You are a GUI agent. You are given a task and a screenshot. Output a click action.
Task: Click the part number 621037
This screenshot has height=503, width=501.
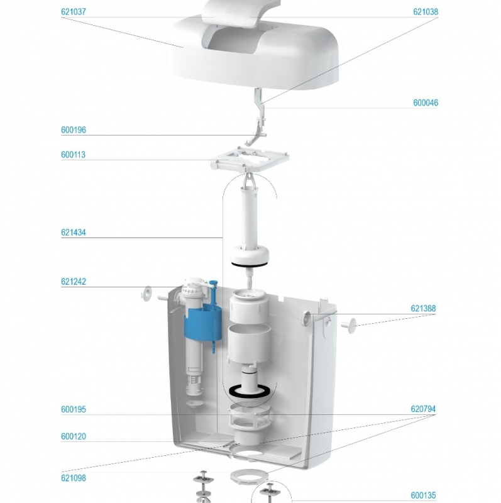(74, 12)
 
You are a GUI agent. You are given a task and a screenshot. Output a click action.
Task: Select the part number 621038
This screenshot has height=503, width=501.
(426, 12)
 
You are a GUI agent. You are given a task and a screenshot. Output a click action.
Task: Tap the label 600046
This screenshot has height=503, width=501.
(426, 103)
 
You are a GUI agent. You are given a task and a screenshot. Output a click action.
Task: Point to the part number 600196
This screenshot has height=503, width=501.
(74, 130)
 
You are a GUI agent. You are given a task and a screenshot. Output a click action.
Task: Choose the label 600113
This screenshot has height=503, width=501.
(73, 155)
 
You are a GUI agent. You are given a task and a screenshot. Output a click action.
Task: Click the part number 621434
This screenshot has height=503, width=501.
(74, 233)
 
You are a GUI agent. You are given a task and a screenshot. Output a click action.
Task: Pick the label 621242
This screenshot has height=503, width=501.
(74, 282)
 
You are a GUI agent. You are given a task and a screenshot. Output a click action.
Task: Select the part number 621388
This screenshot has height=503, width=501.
(423, 309)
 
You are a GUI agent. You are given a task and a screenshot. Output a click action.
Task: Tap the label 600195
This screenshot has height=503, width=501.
(74, 409)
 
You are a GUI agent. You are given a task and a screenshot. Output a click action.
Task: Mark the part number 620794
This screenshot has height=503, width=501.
(423, 409)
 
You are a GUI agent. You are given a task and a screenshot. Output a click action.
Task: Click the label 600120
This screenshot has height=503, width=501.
(74, 436)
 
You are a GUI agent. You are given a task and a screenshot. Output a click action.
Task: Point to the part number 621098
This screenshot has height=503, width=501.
(74, 478)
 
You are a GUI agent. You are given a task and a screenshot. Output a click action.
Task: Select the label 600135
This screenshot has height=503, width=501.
(423, 495)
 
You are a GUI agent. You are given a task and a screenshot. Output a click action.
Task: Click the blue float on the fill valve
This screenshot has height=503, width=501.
(203, 323)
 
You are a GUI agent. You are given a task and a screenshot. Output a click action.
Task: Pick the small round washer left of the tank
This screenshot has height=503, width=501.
(147, 293)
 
